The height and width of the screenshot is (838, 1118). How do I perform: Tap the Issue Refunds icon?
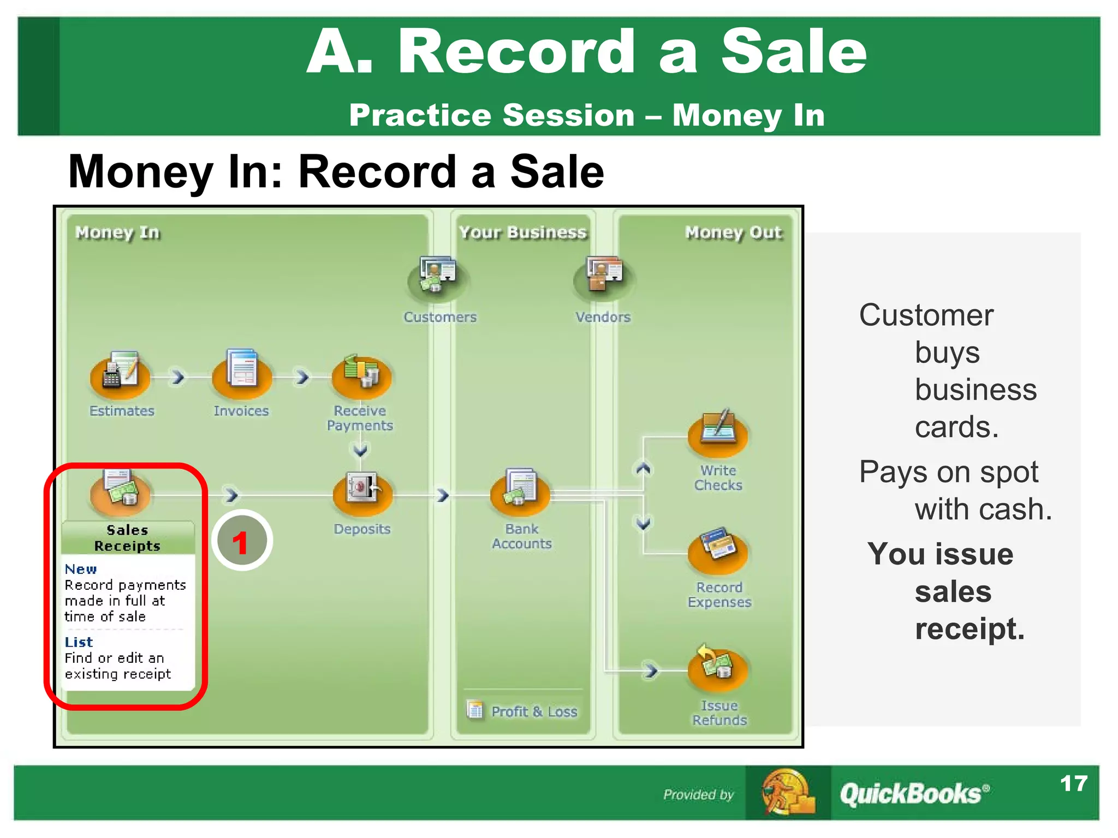click(718, 668)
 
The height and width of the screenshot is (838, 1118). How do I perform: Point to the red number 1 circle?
click(242, 541)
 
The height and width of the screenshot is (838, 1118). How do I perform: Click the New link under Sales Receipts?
click(81, 570)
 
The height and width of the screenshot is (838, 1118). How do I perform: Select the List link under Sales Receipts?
click(79, 642)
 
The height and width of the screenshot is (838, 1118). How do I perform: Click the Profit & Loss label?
click(534, 711)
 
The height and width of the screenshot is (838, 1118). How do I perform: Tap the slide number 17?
click(1073, 784)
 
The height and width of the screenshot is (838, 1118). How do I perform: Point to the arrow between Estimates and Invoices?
click(178, 377)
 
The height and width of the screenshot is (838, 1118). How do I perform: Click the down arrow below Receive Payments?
click(360, 450)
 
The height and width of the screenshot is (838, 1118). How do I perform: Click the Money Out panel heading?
click(733, 233)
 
